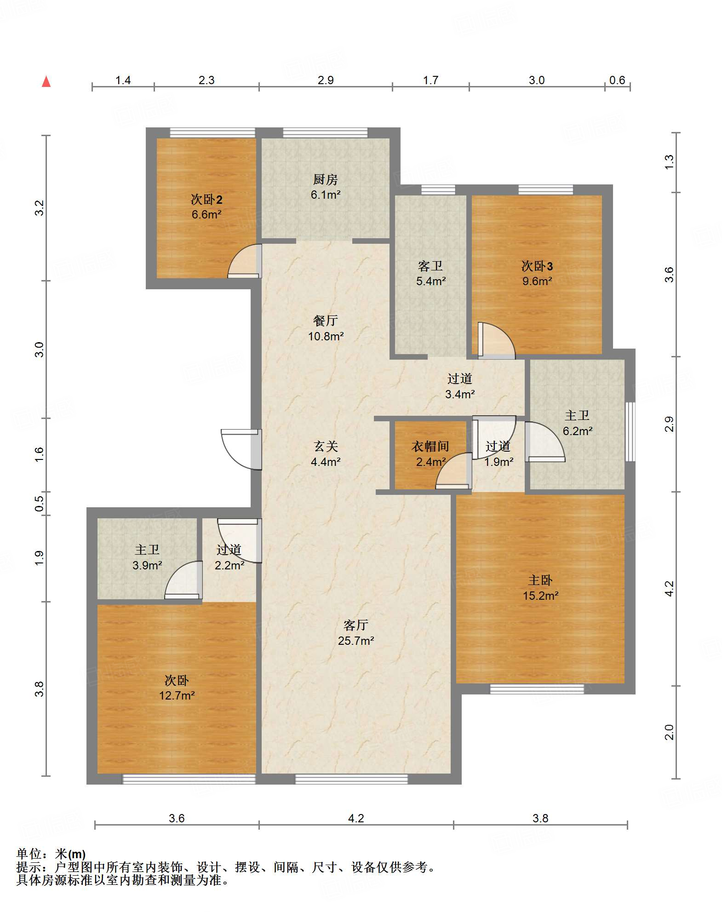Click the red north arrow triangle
pos(46,81)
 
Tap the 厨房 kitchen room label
pos(325,179)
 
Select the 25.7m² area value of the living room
pos(356,641)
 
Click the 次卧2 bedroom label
pos(206,200)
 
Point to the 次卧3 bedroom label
pos(537,266)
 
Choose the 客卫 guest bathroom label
pos(430,266)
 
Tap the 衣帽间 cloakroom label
pos(430,446)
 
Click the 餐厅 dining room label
pos(326,321)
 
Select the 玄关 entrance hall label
pos(326,446)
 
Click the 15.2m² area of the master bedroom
pos(540,596)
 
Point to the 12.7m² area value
pos(177,695)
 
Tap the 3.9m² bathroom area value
pos(147,565)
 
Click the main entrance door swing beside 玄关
pos(241,450)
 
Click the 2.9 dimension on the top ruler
pos(326,80)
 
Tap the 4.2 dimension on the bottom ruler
pos(356,818)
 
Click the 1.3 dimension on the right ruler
pos(670,162)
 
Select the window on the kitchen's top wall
pos(325,133)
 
